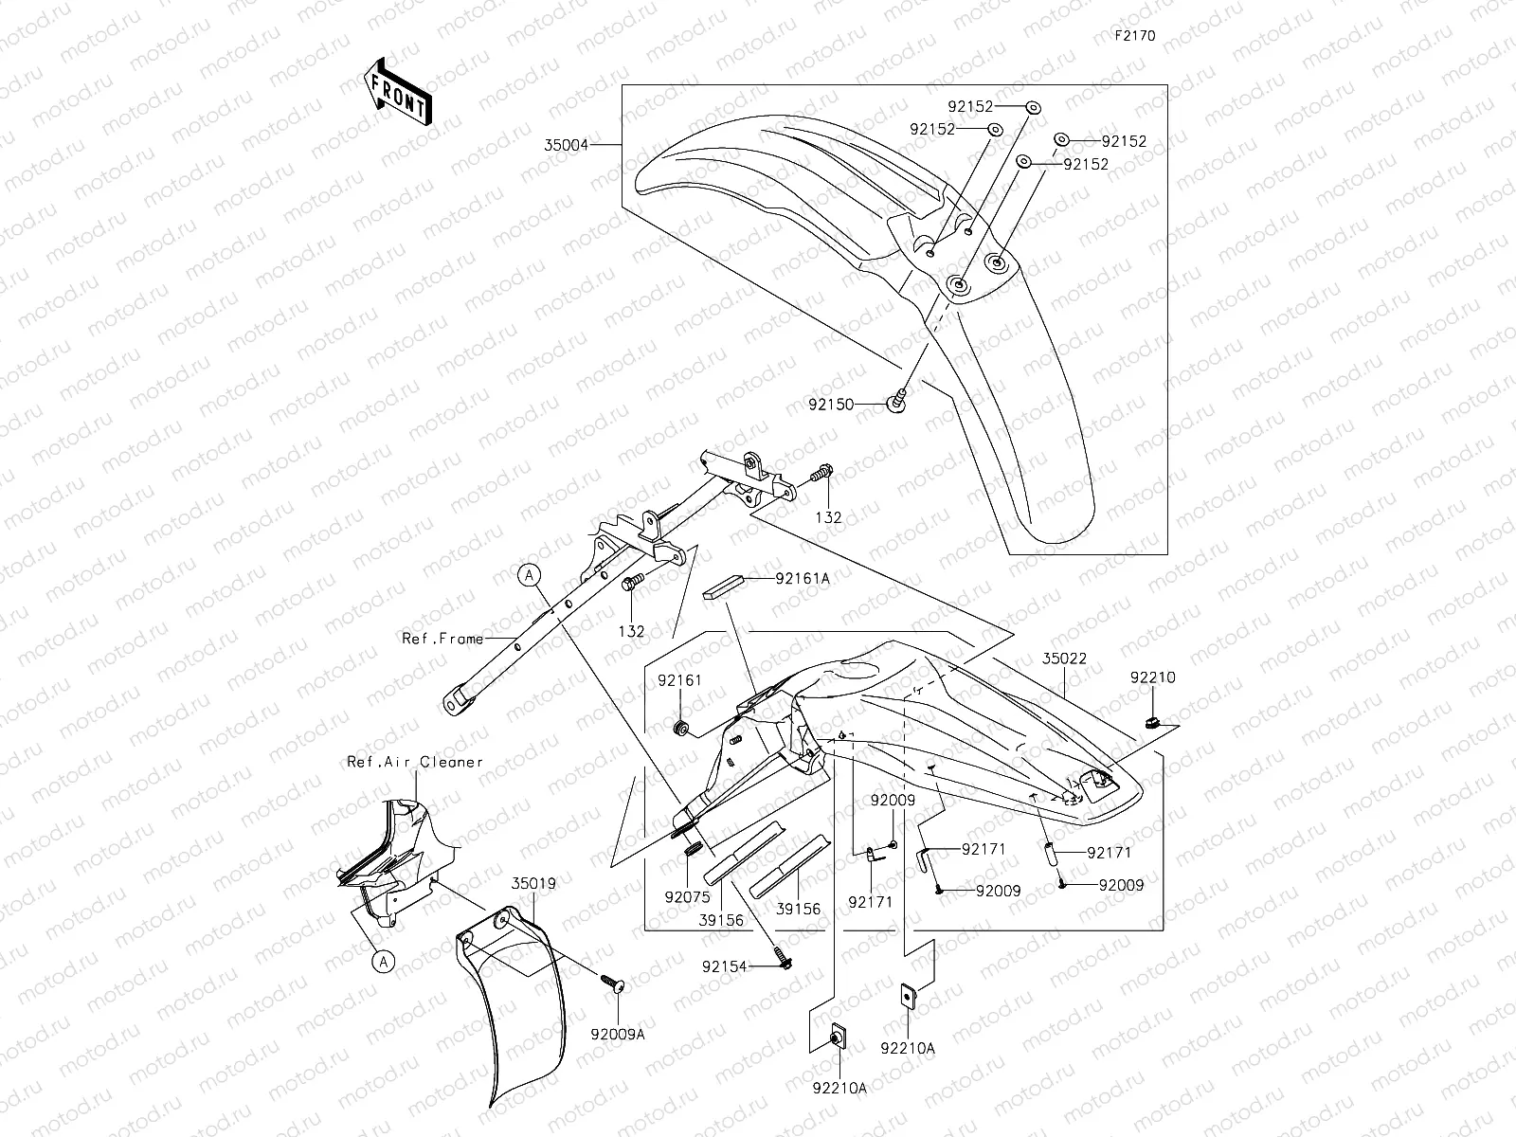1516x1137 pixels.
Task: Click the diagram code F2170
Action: tap(1134, 36)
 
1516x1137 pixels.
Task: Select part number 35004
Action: tap(567, 145)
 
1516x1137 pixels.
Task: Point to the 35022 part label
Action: tap(1064, 658)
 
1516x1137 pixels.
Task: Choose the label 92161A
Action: tap(802, 578)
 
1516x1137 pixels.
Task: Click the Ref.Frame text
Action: tap(442, 639)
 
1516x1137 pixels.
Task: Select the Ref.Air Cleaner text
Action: tap(415, 762)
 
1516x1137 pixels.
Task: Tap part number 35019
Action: tap(534, 883)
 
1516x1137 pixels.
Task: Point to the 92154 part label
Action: tap(724, 966)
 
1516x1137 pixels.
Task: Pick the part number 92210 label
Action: tap(1152, 677)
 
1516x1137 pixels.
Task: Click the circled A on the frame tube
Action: tap(530, 573)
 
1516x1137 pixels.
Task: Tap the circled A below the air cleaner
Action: tap(383, 962)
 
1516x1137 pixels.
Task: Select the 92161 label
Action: tap(680, 680)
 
